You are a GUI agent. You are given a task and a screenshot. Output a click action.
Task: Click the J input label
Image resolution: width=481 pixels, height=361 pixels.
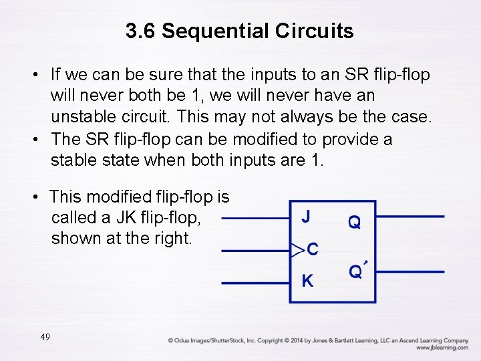coord(305,216)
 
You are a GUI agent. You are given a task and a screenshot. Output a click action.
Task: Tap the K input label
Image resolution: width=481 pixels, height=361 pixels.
coord(307,281)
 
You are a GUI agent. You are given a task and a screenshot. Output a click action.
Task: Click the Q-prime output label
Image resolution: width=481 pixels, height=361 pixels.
coord(358,271)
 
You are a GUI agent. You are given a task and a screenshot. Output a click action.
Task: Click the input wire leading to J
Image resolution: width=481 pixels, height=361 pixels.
coord(254,217)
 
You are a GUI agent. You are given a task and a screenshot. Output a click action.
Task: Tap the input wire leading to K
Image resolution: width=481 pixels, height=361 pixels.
coord(254,283)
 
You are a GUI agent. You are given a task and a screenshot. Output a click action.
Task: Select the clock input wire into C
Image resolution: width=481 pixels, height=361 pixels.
coord(254,251)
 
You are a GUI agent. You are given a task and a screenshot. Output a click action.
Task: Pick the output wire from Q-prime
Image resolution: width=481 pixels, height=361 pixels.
coord(410,272)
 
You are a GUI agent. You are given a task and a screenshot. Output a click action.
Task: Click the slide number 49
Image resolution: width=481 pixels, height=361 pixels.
coord(45,337)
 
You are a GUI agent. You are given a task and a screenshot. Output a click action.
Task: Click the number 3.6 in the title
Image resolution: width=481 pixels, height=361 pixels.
coord(140,31)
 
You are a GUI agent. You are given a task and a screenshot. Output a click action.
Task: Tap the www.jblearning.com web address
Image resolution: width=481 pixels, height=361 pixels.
coord(442,348)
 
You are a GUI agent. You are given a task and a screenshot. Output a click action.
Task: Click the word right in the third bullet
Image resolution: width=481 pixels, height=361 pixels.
coord(174,238)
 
